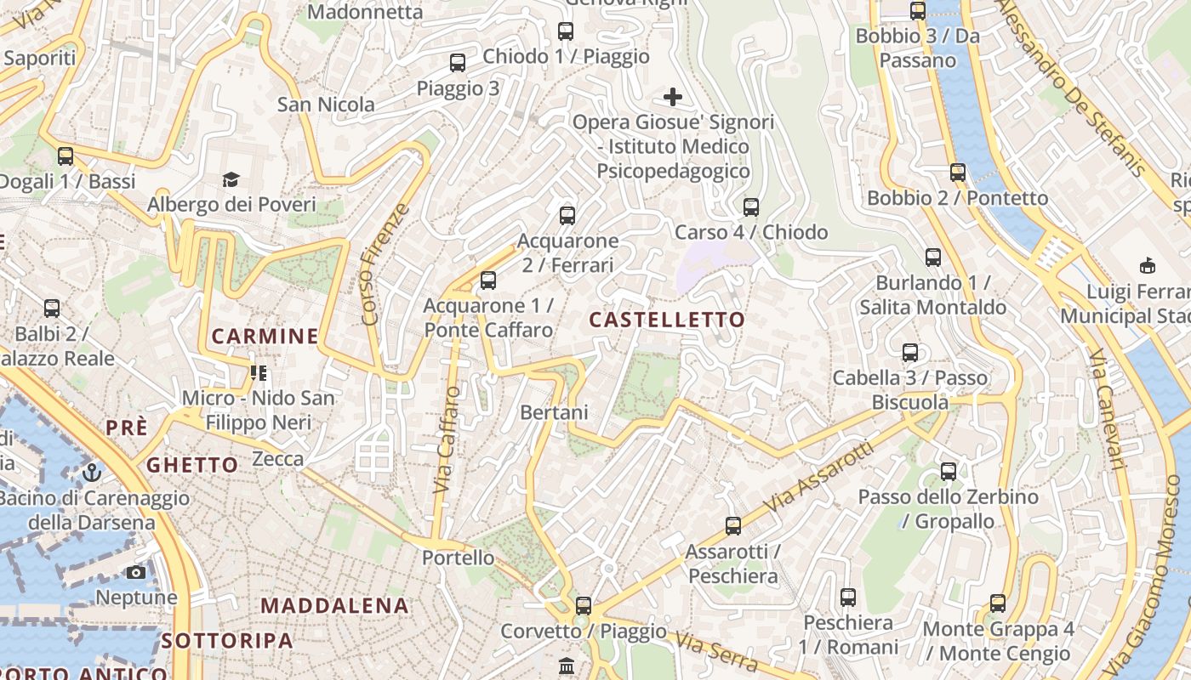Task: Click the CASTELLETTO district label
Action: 667,320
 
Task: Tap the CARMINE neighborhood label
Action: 265,337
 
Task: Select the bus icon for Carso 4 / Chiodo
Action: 751,207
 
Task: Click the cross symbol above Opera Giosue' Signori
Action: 673,97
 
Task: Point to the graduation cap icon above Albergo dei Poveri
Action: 231,179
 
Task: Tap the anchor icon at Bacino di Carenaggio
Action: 91,473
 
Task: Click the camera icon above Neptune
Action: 136,572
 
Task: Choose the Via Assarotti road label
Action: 818,476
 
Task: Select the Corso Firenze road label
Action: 385,264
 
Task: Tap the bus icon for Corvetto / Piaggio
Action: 584,606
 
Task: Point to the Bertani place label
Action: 554,412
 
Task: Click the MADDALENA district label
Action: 334,606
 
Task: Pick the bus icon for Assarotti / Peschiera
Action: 733,526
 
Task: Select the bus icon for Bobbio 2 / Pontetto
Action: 958,173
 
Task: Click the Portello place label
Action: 459,558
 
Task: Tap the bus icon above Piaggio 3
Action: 458,63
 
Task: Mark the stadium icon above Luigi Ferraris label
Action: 1148,265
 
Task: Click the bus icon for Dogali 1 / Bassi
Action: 66,156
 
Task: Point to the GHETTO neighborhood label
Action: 192,465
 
